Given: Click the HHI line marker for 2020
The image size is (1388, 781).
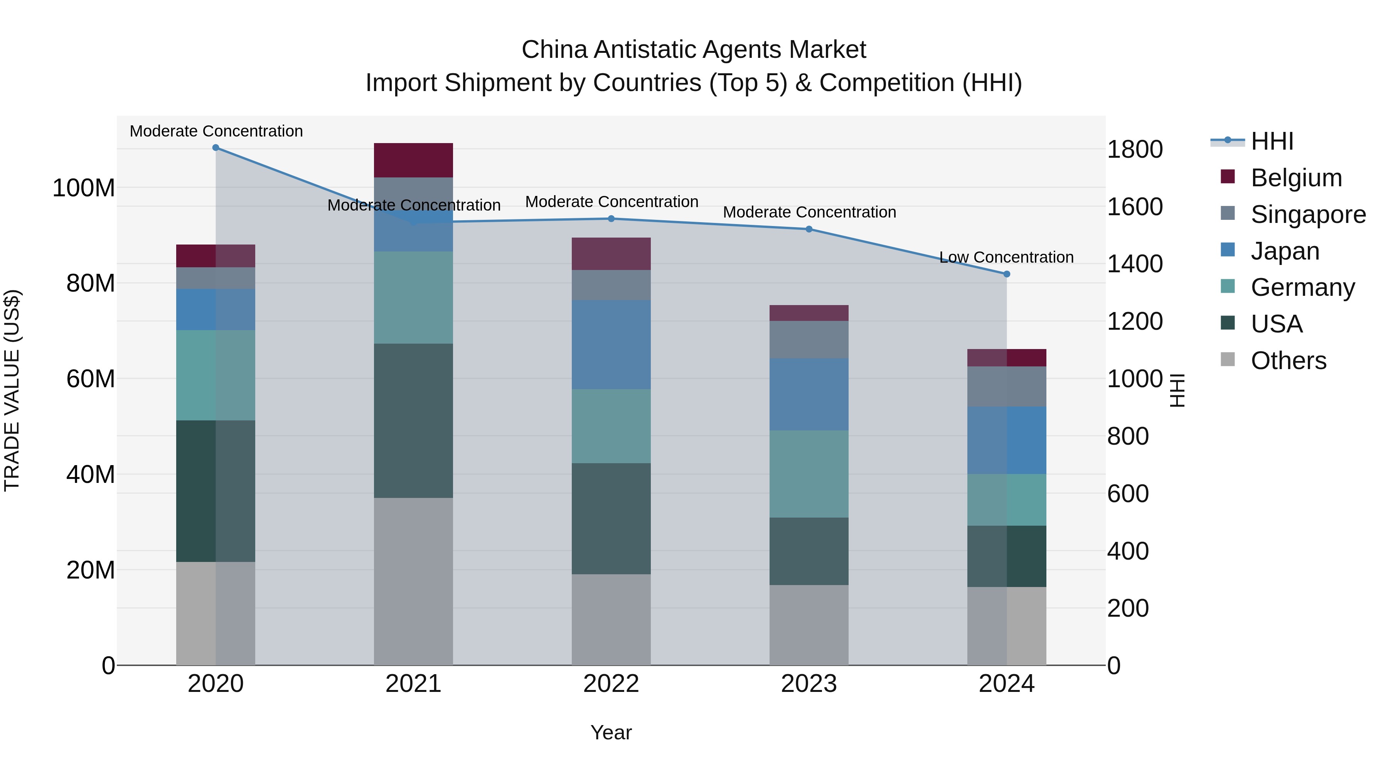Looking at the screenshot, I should point(216,148).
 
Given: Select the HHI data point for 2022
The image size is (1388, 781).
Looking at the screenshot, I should point(611,219).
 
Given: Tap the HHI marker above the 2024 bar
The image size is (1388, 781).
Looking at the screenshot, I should point(1007,274).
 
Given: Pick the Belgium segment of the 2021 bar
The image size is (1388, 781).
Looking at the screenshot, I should point(413,160).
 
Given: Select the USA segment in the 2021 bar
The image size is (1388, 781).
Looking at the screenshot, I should point(413,420).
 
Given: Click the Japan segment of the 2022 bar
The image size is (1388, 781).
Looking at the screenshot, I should point(611,345).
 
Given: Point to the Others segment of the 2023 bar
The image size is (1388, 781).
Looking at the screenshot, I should point(809,625).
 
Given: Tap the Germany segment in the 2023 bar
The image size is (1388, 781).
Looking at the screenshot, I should point(809,474).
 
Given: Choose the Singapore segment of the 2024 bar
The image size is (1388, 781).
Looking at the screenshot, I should point(1007,386).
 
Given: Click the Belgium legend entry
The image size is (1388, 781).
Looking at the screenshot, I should point(1296,178).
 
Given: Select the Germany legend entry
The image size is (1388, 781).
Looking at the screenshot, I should point(1302,287).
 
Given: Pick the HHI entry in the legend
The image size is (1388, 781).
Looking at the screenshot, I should point(1272,141).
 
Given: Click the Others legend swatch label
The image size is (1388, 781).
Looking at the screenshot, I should point(1288,361).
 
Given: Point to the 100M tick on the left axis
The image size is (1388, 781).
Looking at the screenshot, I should point(84,188).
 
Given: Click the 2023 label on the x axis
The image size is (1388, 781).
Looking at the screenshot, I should point(809,684).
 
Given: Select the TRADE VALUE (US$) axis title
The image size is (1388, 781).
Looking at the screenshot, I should point(12,390).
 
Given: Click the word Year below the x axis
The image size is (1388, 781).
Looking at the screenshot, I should point(611,732).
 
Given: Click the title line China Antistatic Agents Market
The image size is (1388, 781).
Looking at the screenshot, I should point(694,50).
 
